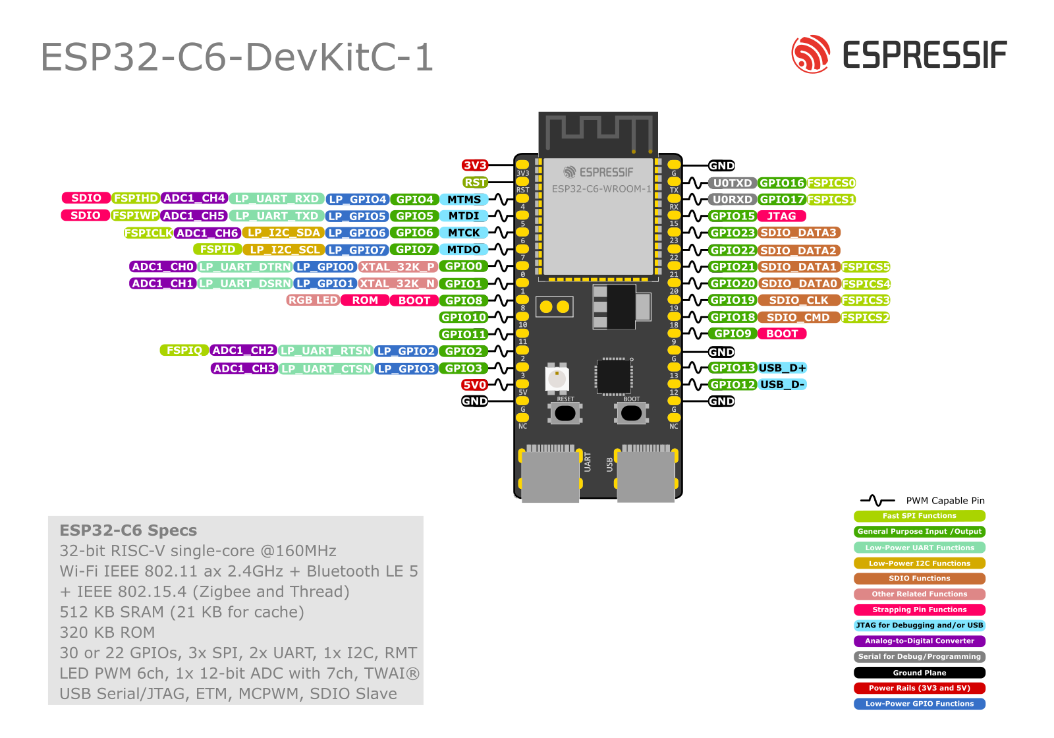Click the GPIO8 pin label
[x=463, y=300]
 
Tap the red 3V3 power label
[x=474, y=165]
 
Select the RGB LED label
[x=313, y=300]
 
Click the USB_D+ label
[x=782, y=368]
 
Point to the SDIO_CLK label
[x=798, y=300]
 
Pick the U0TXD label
[x=732, y=183]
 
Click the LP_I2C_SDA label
[x=283, y=233]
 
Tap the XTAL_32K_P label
[x=398, y=267]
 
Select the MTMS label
[x=464, y=200]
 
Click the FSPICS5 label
[x=866, y=267]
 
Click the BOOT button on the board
[x=631, y=413]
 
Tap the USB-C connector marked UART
[x=550, y=474]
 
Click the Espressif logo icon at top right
[x=810, y=54]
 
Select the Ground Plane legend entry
[x=919, y=673]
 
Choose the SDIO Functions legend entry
[x=919, y=579]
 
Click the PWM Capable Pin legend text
[x=945, y=501]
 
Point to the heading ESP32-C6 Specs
[x=128, y=530]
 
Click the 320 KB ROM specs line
[x=107, y=633]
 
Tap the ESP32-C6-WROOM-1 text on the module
[x=601, y=189]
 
